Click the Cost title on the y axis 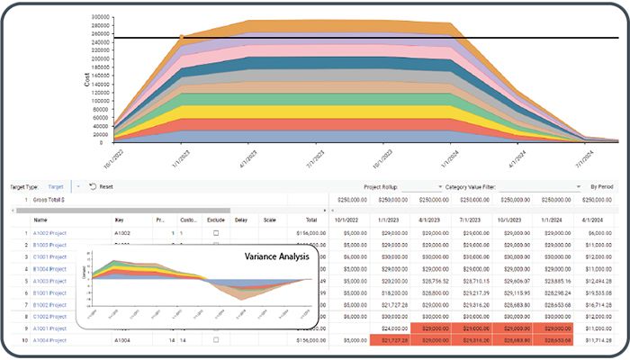point(87,78)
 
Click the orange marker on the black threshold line point(183,38)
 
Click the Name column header point(40,220)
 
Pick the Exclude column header point(215,220)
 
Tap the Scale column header point(268,220)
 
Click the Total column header point(310,220)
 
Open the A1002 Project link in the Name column point(50,233)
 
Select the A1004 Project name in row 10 point(50,341)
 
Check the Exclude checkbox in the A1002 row point(215,233)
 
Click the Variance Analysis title point(277,256)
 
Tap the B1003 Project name point(50,245)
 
